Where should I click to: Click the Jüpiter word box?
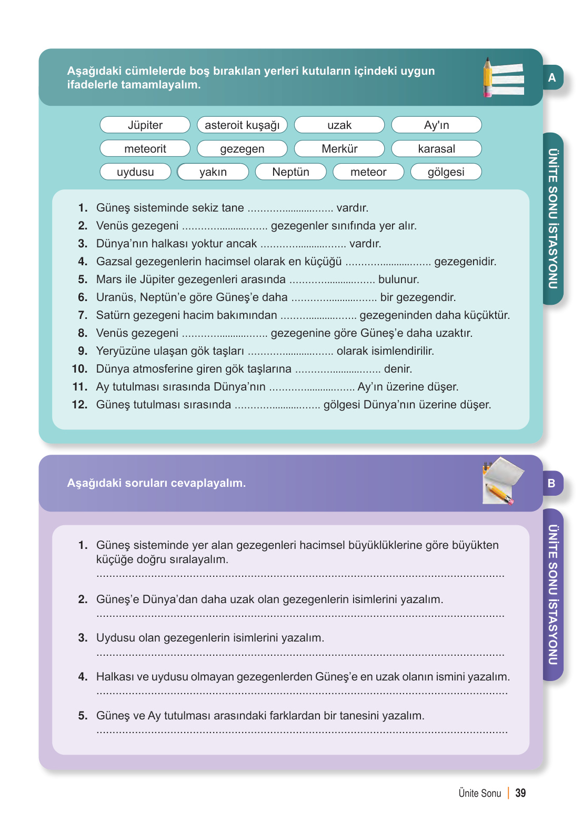(x=145, y=125)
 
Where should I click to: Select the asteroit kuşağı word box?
(x=242, y=125)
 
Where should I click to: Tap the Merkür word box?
(x=339, y=149)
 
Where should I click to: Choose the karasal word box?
(x=437, y=149)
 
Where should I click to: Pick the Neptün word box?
(x=290, y=172)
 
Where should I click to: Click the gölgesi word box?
(x=446, y=172)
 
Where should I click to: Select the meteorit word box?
(x=145, y=149)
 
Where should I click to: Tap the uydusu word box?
(x=135, y=172)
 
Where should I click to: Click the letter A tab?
(x=553, y=78)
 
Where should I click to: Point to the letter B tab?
(x=552, y=484)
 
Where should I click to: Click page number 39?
(x=520, y=793)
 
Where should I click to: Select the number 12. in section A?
(x=79, y=405)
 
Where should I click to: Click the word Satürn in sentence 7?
(x=112, y=315)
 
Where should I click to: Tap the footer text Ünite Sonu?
(x=480, y=793)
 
